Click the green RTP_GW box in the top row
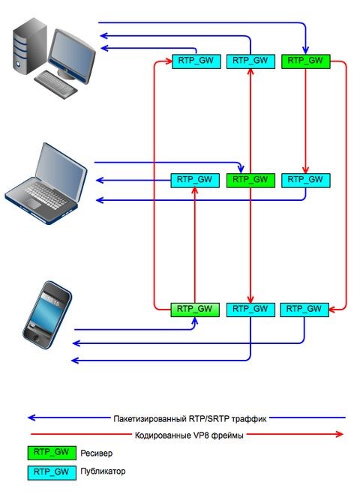[305, 61]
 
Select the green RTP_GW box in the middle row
[250, 180]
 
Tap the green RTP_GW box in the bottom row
[194, 308]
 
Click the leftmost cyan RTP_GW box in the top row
[195, 61]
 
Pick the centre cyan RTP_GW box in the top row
[250, 61]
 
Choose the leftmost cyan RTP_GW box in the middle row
[194, 180]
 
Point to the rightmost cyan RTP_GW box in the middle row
[305, 180]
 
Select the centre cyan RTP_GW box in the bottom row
[250, 308]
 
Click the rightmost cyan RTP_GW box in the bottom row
[305, 308]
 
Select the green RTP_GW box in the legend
[52, 453]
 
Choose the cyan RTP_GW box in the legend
[52, 472]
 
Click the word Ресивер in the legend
[97, 454]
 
